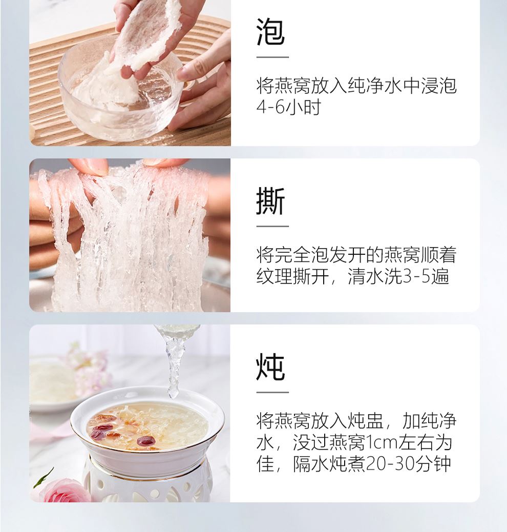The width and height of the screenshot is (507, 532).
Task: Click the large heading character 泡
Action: [x=270, y=32]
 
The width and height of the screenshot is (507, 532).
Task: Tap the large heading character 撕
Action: [x=270, y=201]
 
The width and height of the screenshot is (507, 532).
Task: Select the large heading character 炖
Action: [x=270, y=367]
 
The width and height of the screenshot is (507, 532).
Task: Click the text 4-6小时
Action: [x=289, y=107]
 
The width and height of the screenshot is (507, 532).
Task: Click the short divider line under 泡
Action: [x=272, y=57]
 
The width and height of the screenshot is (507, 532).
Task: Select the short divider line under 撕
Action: [x=272, y=226]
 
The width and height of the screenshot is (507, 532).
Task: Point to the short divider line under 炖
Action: [x=272, y=392]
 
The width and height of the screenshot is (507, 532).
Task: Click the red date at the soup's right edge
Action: [x=146, y=441]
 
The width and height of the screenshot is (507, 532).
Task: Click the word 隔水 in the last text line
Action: [x=311, y=464]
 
